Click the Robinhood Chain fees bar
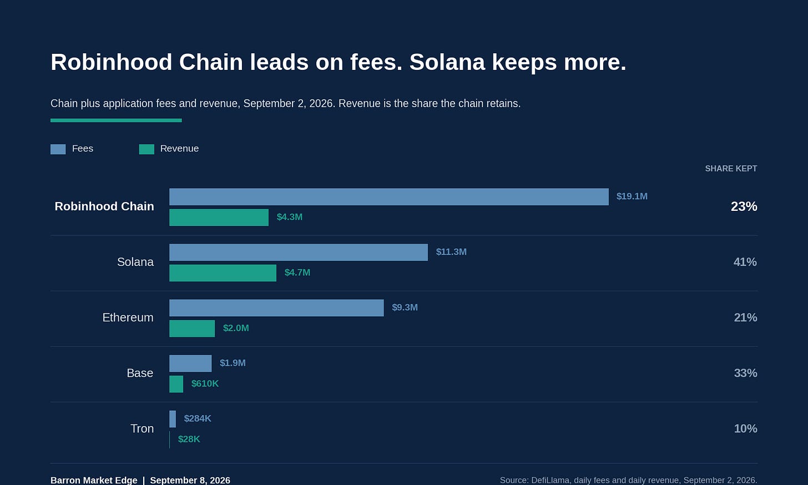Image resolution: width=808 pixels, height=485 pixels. pyautogui.click(x=389, y=196)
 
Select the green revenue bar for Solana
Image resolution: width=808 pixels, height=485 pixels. pyautogui.click(x=223, y=273)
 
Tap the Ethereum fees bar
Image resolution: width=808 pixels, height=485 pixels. pyautogui.click(x=276, y=307)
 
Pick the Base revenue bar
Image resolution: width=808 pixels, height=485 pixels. pyautogui.click(x=176, y=384)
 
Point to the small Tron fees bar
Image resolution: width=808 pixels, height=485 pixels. pyautogui.click(x=173, y=419)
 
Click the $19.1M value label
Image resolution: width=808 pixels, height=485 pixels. pyautogui.click(x=632, y=196)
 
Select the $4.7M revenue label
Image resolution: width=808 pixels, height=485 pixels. pyautogui.click(x=297, y=272)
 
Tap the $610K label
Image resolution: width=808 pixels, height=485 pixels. pyautogui.click(x=205, y=383)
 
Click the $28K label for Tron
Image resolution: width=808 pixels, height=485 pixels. pyautogui.click(x=189, y=439)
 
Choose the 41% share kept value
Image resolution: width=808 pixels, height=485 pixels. pyautogui.click(x=745, y=262)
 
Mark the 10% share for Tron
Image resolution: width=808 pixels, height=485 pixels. pyautogui.click(x=746, y=428)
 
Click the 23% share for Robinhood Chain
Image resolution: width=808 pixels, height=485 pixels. pyautogui.click(x=744, y=206)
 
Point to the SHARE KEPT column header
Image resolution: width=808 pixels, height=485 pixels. pyautogui.click(x=731, y=168)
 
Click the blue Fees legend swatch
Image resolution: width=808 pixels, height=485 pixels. pyautogui.click(x=58, y=149)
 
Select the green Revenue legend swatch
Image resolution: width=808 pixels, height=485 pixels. pyautogui.click(x=147, y=149)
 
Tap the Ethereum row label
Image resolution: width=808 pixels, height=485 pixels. pyautogui.click(x=128, y=317)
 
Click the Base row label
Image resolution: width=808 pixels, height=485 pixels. pyautogui.click(x=140, y=373)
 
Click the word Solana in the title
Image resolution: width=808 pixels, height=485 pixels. pyautogui.click(x=447, y=62)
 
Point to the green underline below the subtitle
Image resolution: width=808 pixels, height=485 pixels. pyautogui.click(x=116, y=120)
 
